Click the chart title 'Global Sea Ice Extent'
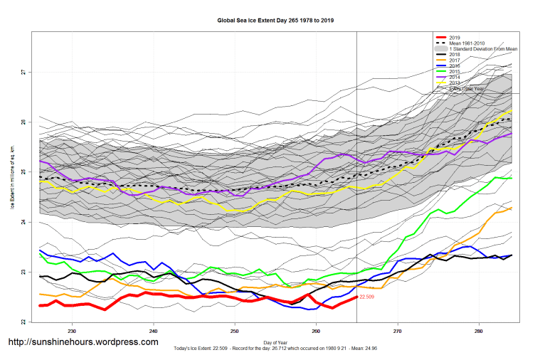tap(275, 21)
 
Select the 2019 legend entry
tap(455, 37)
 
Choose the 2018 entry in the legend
tap(455, 55)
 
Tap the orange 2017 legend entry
tap(455, 60)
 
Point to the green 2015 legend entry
tap(455, 72)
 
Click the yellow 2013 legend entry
tap(455, 83)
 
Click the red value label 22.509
tap(367, 296)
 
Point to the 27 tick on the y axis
tap(23, 73)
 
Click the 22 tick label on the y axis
tap(23, 322)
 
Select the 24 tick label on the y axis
tap(23, 223)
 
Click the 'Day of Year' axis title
tap(275, 342)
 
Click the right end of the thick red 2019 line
tap(356, 297)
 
